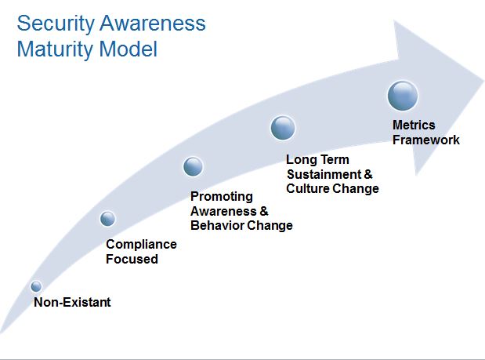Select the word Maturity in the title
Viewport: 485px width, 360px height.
point(52,49)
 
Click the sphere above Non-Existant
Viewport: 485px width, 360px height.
point(36,286)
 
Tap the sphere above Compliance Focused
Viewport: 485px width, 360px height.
point(108,218)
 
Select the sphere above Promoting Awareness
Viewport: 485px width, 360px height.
point(193,166)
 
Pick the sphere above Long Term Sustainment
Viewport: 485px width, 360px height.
point(283,127)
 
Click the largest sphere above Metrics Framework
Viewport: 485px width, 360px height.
point(403,96)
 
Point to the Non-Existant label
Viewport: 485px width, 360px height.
point(72,303)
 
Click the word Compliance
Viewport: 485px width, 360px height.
point(141,245)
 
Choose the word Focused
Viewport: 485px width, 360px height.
point(132,259)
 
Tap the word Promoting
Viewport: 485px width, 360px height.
point(222,196)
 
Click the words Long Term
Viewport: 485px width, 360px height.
point(317,159)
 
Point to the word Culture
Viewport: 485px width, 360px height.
point(308,188)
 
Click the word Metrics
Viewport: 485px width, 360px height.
point(414,125)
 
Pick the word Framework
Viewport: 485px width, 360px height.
point(426,140)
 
